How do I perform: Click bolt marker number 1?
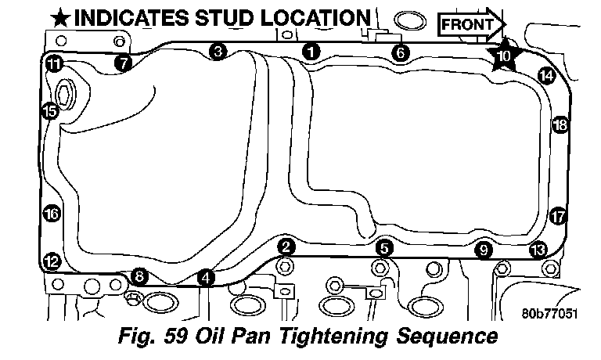coord(311,52)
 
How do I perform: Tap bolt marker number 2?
coord(286,247)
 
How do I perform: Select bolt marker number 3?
coord(218,52)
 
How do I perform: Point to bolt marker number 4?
coord(206,278)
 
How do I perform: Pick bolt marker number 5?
coord(384,248)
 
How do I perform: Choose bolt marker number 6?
coord(401,52)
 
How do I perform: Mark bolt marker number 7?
coord(123,63)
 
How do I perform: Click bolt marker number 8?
coord(139,275)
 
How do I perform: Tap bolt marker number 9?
coord(484,250)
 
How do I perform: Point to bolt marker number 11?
coord(55,63)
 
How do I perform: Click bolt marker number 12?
coord(52,262)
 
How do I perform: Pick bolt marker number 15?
coord(50,111)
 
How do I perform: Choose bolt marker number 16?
coord(52,214)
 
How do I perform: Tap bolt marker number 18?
coord(560,124)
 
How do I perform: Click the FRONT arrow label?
coord(471,24)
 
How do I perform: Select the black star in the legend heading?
coord(60,19)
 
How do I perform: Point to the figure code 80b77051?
coord(549,313)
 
